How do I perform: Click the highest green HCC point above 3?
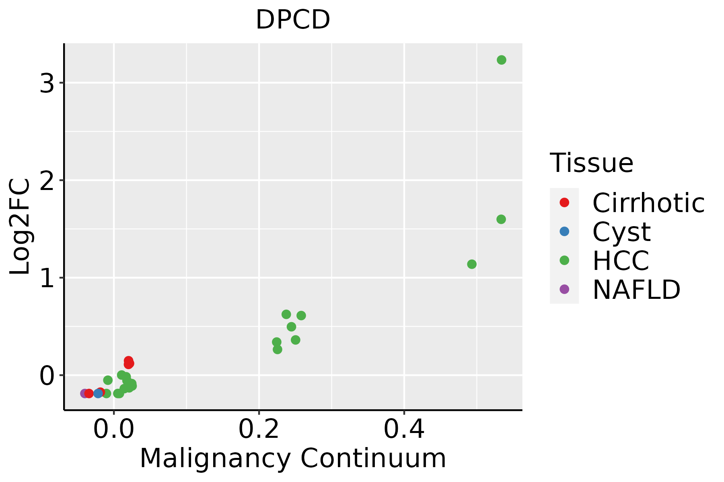pyautogui.click(x=501, y=60)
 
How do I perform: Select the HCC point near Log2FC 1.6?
pyautogui.click(x=501, y=219)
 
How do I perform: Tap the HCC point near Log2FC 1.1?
pyautogui.click(x=472, y=264)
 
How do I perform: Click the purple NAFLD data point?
pyautogui.click(x=84, y=393)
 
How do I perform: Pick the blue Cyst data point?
pyautogui.click(x=98, y=393)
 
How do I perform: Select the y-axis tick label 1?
pyautogui.click(x=47, y=278)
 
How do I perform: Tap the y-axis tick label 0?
pyautogui.click(x=47, y=376)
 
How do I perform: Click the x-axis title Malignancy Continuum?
pyautogui.click(x=293, y=459)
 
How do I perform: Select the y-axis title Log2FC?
pyautogui.click(x=20, y=227)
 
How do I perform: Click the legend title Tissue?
pyautogui.click(x=591, y=163)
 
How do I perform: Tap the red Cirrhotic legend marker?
pyautogui.click(x=564, y=202)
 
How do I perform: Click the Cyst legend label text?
pyautogui.click(x=621, y=232)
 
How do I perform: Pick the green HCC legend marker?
pyautogui.click(x=564, y=260)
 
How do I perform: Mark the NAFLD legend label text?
pyautogui.click(x=636, y=290)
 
